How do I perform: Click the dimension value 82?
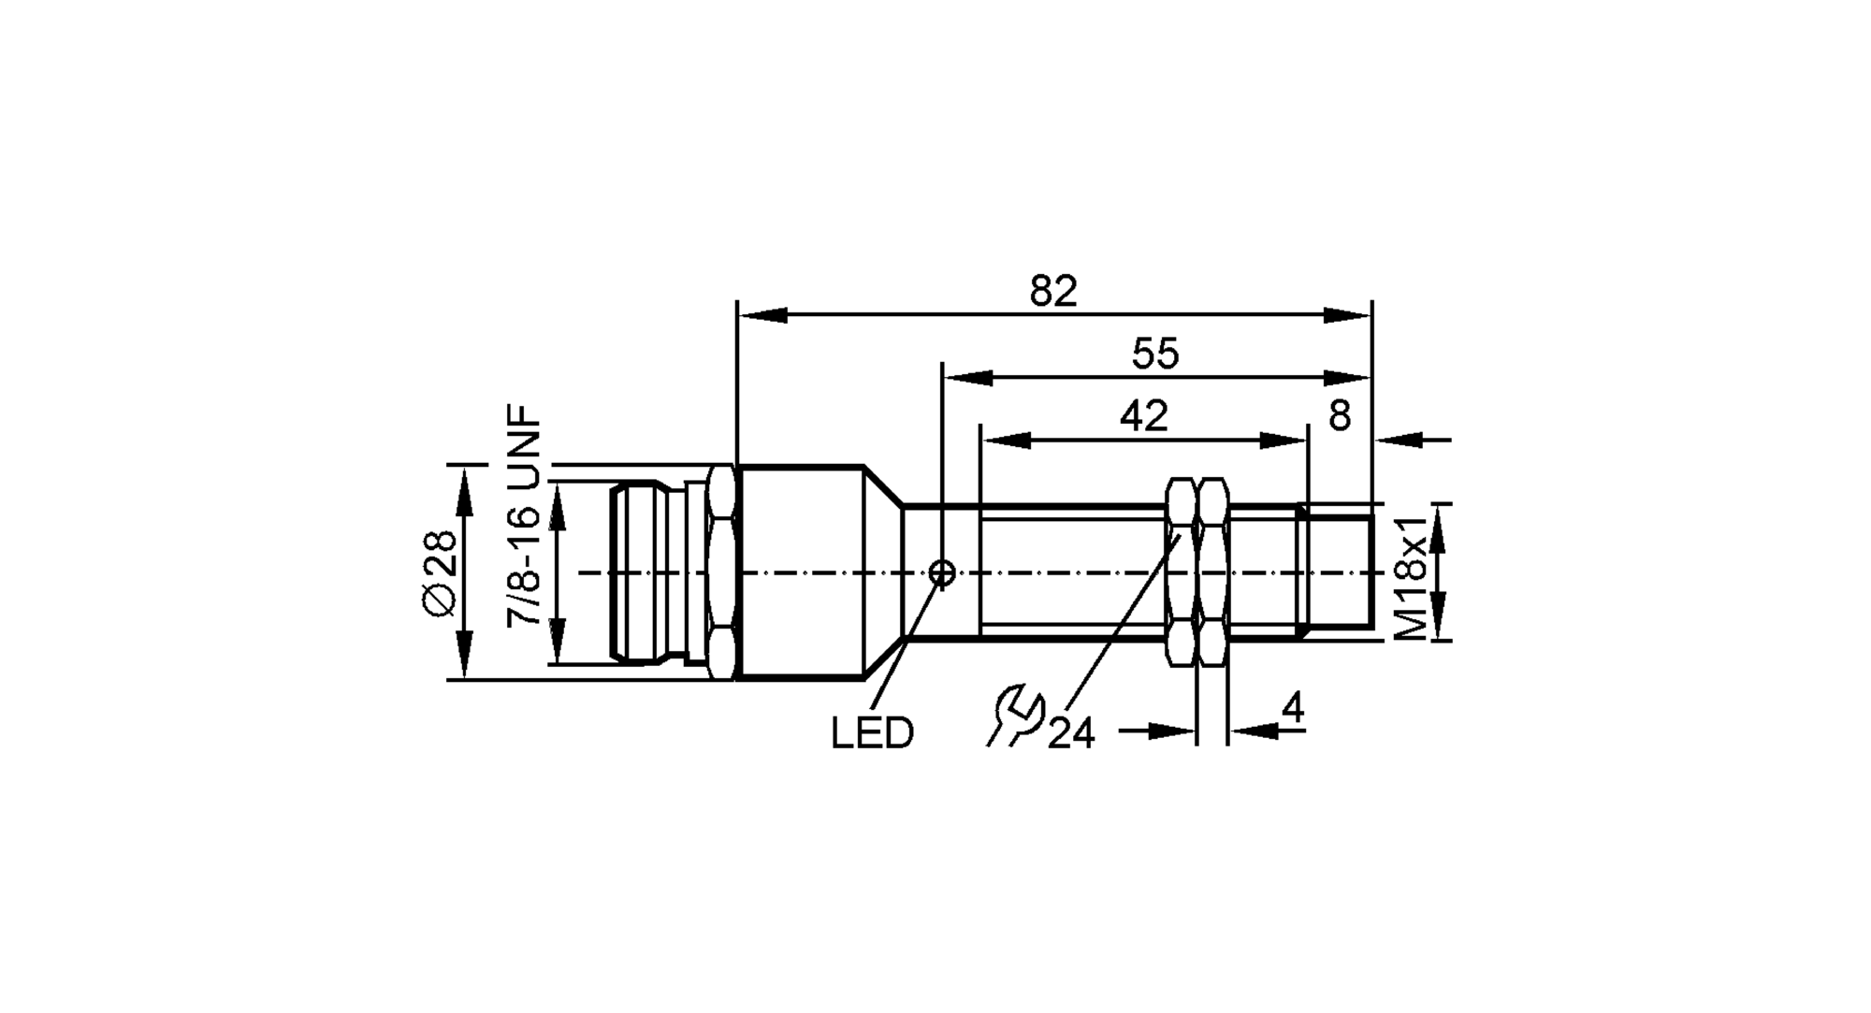(x=1053, y=292)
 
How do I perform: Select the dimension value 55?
(x=1155, y=355)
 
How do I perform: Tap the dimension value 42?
(x=1143, y=416)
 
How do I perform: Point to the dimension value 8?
(x=1340, y=416)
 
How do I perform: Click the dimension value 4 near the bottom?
(x=1292, y=709)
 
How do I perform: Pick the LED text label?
(x=872, y=734)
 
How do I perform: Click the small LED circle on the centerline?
(x=943, y=572)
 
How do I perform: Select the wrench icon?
(x=1015, y=716)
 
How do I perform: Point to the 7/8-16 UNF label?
(x=525, y=516)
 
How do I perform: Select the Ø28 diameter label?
(x=441, y=572)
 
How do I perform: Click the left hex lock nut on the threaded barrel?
(x=1180, y=572)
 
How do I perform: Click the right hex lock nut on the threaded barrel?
(x=1213, y=572)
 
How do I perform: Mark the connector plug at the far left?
(x=645, y=572)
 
